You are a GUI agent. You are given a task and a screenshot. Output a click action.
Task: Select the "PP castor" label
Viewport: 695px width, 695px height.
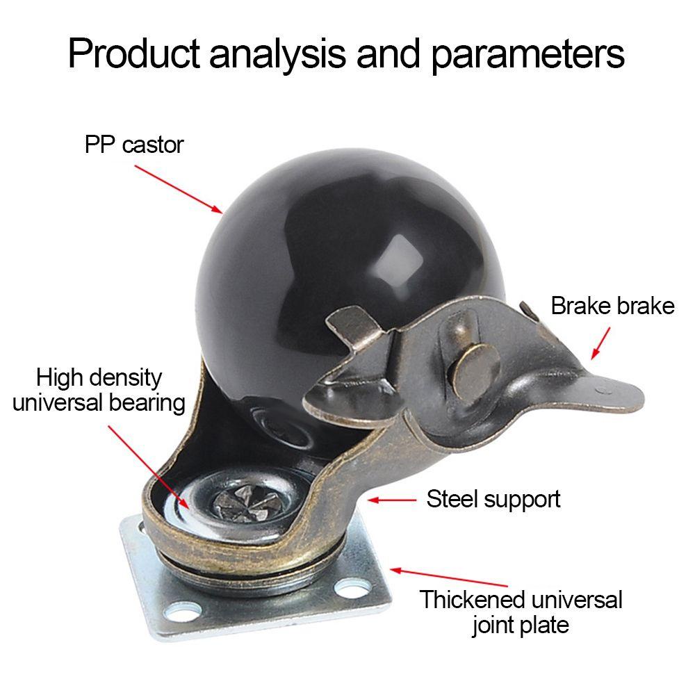pyautogui.click(x=134, y=145)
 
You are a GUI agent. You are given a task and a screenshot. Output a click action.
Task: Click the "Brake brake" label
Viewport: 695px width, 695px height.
pyautogui.click(x=612, y=306)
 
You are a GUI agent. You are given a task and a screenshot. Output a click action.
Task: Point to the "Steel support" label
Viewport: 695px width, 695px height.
pyautogui.click(x=493, y=498)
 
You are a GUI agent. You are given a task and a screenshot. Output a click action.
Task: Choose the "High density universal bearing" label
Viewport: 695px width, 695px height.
pyautogui.click(x=99, y=390)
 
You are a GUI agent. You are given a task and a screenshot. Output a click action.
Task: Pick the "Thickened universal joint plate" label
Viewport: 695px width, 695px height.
pyautogui.click(x=521, y=612)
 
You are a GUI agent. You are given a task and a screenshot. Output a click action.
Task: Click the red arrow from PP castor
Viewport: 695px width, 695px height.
pyautogui.click(x=178, y=188)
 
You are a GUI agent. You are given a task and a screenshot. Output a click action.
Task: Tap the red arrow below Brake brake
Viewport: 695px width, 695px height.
pyautogui.click(x=600, y=343)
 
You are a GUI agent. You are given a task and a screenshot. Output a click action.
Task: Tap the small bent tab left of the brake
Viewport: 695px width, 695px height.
pyautogui.click(x=351, y=324)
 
